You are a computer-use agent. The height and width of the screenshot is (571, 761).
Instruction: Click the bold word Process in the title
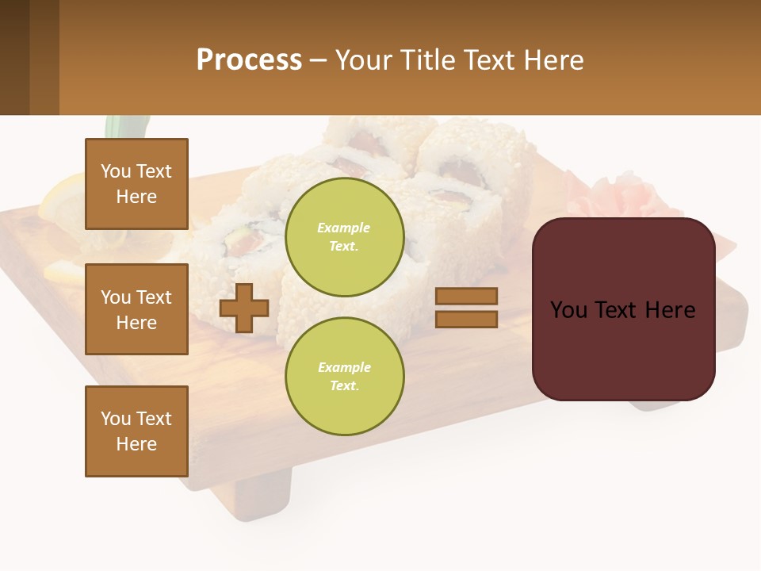pos(249,60)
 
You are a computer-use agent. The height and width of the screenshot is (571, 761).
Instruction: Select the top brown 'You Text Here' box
pos(136,184)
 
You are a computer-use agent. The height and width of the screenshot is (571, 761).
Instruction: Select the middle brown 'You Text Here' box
pos(136,309)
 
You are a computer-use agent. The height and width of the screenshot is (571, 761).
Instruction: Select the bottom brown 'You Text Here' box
pos(136,431)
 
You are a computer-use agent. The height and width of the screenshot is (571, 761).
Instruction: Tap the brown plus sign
pos(244,308)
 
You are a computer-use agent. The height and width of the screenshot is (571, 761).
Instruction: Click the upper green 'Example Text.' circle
pos(344,237)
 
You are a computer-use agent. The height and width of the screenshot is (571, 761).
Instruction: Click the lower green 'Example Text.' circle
pos(344,377)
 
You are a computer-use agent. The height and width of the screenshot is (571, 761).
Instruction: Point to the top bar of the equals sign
pos(466,296)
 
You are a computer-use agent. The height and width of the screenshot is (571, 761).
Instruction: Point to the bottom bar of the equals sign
pos(466,319)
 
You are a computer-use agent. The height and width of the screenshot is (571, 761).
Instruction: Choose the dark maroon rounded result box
pos(623,349)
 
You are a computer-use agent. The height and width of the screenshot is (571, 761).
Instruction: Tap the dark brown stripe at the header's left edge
pos(14,57)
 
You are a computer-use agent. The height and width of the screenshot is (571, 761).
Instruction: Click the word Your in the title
pos(362,60)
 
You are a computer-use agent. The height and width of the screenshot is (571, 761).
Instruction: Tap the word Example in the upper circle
pos(344,228)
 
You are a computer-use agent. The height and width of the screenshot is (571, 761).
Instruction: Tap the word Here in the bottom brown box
pos(136,444)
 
